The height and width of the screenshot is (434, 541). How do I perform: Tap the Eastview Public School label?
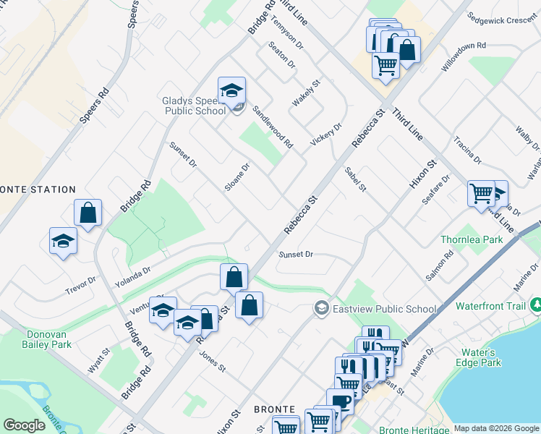coord(385,309)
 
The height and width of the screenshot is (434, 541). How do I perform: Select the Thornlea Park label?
coord(472,239)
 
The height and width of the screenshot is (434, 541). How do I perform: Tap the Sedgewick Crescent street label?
coord(501,17)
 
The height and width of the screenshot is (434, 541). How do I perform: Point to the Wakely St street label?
coord(306,93)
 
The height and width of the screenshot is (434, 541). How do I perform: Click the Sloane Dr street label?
coord(237,176)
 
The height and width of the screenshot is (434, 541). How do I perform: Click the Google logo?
coord(25,425)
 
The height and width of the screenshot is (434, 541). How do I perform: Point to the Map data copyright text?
coord(496,428)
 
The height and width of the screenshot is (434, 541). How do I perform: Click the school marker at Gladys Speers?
coord(231,91)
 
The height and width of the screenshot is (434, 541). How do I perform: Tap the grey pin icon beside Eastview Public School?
coord(320,309)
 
